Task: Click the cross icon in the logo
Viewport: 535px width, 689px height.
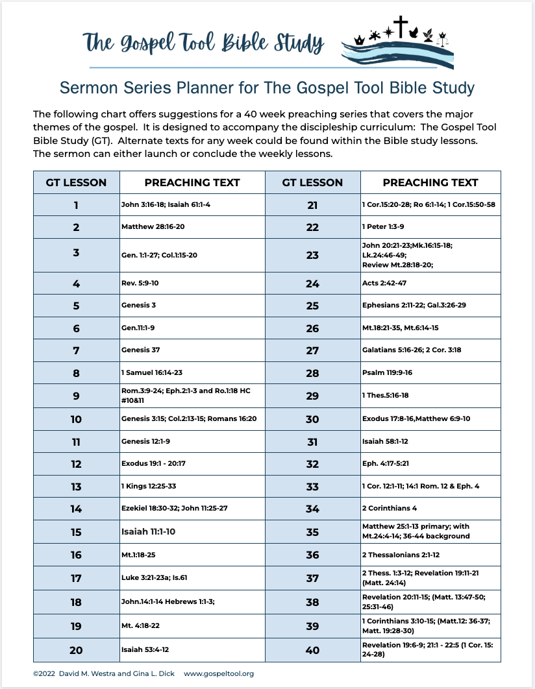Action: tap(401, 27)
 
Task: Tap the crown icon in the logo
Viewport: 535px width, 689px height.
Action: tap(358, 40)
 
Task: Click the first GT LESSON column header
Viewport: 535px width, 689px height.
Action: tap(76, 182)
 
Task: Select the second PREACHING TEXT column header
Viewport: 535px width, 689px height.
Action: tap(430, 182)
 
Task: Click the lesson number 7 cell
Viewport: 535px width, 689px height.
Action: tap(76, 350)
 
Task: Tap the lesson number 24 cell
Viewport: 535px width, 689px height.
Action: tap(312, 284)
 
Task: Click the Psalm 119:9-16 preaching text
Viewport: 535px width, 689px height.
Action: tap(387, 373)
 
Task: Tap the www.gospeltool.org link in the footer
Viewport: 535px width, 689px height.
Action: tap(219, 673)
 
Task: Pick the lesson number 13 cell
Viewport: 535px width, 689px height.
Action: tap(76, 487)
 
